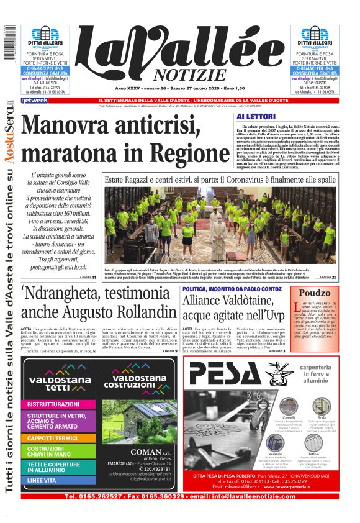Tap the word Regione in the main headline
[186, 152]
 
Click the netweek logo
[34, 100]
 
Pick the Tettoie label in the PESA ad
[322, 453]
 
